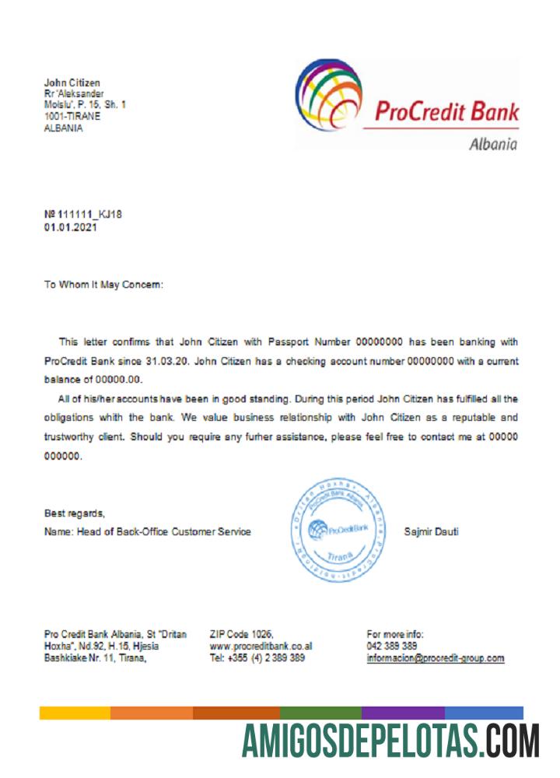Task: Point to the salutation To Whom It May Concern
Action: tap(104, 285)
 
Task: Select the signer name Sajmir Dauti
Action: tap(432, 532)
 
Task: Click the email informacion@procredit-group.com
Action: tap(435, 658)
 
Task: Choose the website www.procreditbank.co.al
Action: tap(261, 647)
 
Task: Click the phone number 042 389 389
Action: tap(391, 647)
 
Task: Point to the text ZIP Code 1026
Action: tap(242, 635)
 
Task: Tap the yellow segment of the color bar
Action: tap(75, 713)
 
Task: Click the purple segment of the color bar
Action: tap(403, 713)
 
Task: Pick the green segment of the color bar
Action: tap(320, 713)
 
